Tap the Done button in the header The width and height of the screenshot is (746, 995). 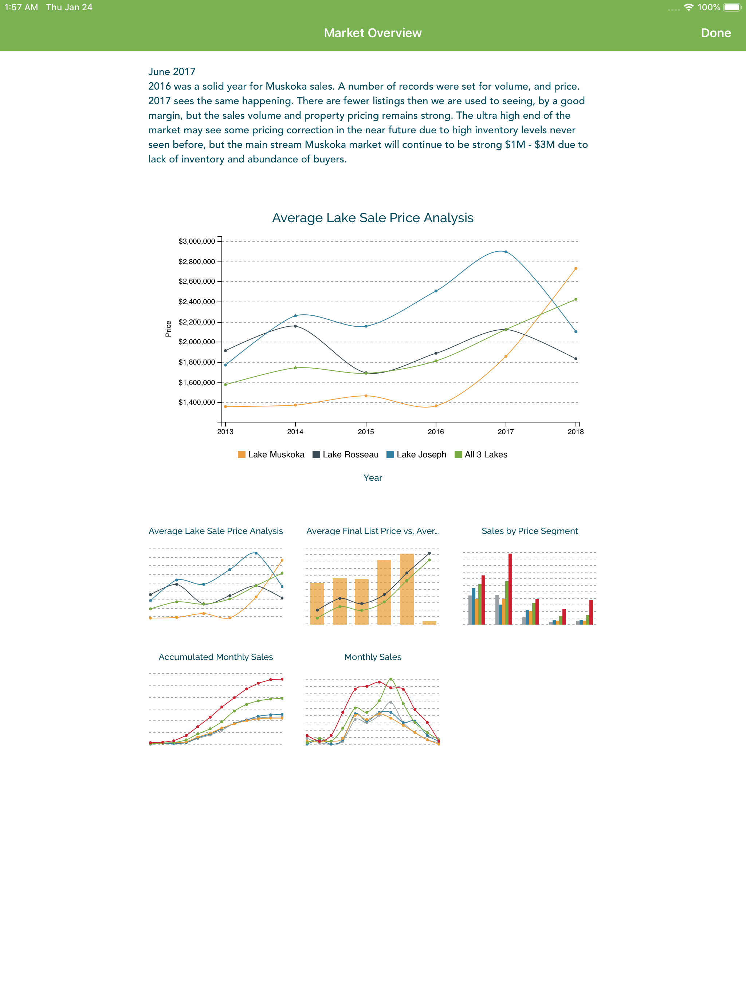[715, 33]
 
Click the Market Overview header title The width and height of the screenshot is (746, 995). [373, 33]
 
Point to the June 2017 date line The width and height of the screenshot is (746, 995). [172, 71]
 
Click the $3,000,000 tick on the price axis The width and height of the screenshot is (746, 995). [197, 241]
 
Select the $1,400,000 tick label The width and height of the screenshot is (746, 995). [197, 402]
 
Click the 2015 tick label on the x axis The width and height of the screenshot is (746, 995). [366, 431]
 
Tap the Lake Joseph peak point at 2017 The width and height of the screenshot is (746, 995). [506, 252]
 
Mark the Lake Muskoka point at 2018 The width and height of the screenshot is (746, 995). [576, 268]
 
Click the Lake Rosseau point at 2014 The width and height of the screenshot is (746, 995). [295, 326]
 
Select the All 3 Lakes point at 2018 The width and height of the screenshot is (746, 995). [576, 299]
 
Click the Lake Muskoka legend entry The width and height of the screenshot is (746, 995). [271, 454]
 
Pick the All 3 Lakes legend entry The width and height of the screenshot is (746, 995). [481, 454]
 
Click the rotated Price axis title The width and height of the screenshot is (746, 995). [168, 329]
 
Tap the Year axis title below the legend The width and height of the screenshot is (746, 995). [373, 478]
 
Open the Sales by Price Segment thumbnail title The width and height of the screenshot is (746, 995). [530, 531]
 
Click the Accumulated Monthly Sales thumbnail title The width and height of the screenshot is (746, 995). [216, 657]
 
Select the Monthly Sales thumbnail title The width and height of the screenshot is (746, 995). [373, 657]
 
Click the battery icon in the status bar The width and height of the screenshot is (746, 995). [733, 7]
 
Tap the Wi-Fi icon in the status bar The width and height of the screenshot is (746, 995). [688, 7]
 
